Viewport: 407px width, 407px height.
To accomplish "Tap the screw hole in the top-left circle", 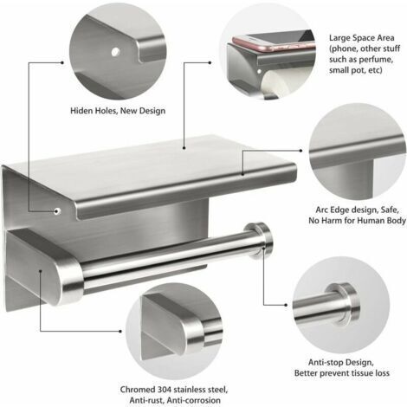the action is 115,52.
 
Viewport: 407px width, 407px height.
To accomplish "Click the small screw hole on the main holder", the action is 57,211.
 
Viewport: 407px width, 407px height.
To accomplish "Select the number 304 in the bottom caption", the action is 165,390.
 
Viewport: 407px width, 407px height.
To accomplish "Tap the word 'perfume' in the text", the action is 378,60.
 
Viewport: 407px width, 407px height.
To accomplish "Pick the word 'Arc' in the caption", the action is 321,210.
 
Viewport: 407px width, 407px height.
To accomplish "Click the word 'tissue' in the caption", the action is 357,373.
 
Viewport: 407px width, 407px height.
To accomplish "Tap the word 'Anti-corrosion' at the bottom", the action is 194,400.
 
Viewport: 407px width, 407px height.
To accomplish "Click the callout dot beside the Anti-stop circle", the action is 286,305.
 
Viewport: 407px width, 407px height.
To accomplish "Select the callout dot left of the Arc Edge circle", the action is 300,151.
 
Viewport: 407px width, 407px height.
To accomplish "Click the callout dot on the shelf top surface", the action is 184,148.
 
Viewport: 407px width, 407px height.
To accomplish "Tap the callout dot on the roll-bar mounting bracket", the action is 41,271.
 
